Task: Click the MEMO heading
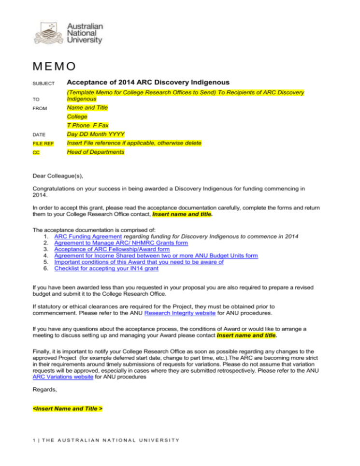click(54, 67)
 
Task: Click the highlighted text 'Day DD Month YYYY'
click(96, 134)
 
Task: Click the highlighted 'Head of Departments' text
click(95, 152)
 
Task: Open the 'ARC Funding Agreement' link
click(88, 236)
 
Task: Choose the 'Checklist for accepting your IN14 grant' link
click(106, 268)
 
